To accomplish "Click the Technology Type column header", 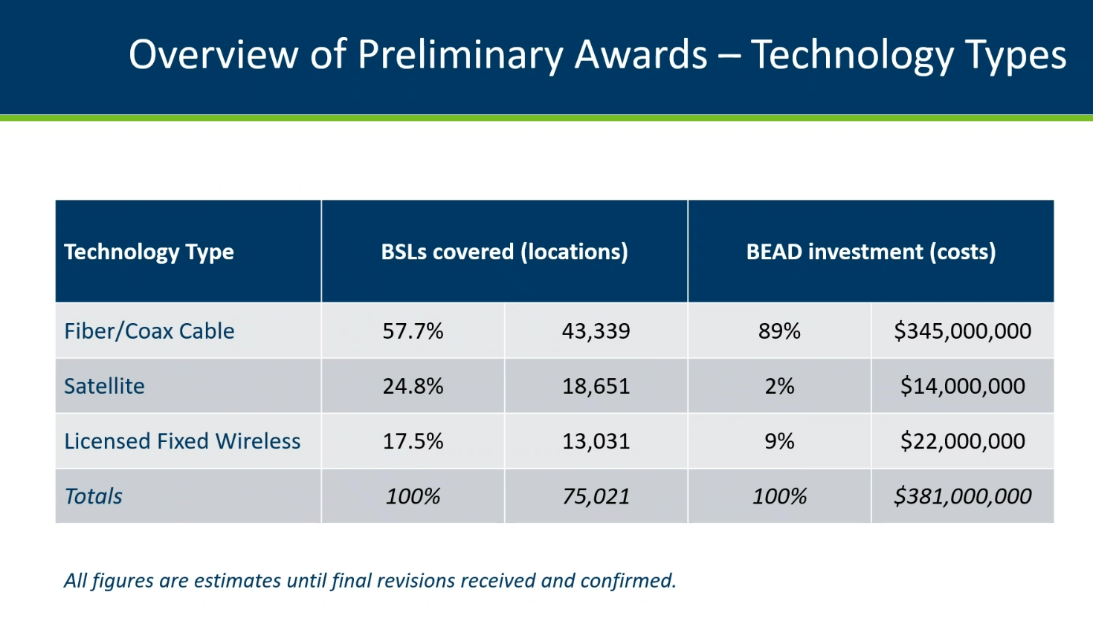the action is pos(149,252).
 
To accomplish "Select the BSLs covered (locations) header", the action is pos(505,252).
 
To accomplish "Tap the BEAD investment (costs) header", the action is pos(871,252).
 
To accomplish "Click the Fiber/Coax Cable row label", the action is pos(149,331).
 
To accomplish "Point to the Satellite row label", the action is pos(104,386).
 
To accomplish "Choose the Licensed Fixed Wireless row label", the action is pos(182,441).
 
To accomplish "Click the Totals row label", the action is pos(93,496).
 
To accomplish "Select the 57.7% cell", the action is pos(413,331).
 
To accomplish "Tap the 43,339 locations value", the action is pos(596,331).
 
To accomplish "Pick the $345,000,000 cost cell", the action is pos(962,331).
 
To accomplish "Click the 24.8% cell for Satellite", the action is pos(413,386).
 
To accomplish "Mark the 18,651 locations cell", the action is pos(596,386).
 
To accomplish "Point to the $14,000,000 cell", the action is pos(962,386).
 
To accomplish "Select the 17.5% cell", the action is pos(413,441).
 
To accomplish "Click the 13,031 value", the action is pos(596,441).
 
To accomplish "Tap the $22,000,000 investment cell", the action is pos(962,441).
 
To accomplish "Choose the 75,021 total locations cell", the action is pos(596,497).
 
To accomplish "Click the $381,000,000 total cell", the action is pos(962,496).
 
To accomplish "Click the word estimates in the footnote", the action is pos(237,580).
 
